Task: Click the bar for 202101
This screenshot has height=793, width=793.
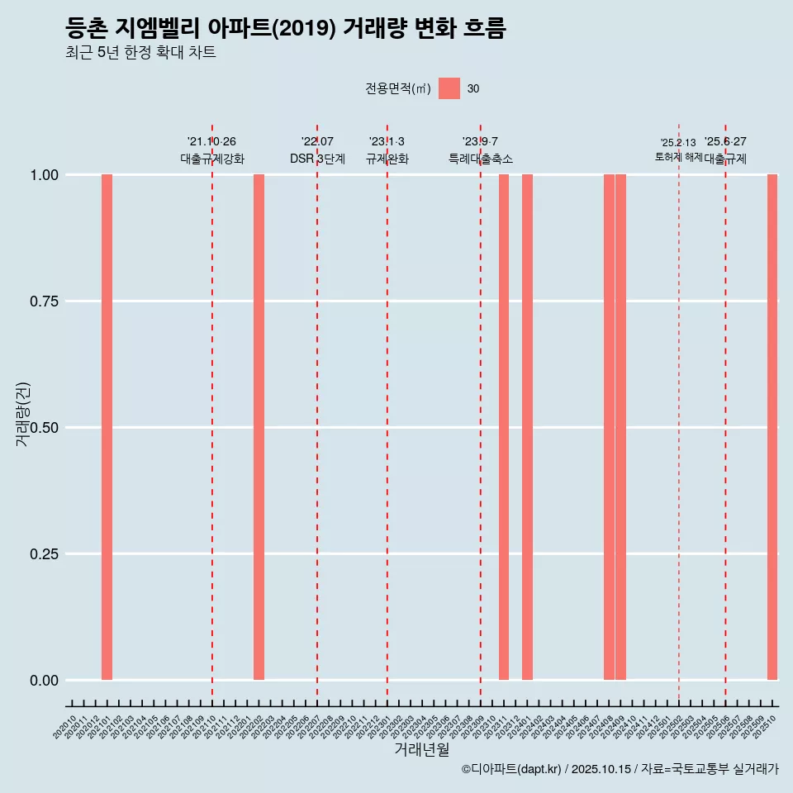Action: tap(107, 427)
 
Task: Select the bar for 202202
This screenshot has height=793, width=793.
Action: tap(259, 427)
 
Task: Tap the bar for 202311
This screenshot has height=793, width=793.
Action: tap(504, 427)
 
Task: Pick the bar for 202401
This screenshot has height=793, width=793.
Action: tap(527, 427)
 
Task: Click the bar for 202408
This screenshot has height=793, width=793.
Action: tap(609, 427)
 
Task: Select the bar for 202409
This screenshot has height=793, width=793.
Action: tap(620, 427)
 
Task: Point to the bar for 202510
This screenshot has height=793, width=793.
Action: tap(772, 427)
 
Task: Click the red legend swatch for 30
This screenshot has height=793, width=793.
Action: tap(449, 88)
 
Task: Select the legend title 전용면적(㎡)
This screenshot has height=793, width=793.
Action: tap(398, 89)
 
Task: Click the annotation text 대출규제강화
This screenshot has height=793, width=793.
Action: tap(212, 159)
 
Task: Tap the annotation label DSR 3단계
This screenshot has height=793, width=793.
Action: tap(317, 159)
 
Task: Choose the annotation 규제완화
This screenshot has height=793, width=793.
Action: tap(387, 159)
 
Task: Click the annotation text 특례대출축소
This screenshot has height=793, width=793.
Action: tap(481, 159)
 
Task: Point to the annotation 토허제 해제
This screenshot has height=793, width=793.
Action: tap(678, 156)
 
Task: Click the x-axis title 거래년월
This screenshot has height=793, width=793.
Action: tap(421, 750)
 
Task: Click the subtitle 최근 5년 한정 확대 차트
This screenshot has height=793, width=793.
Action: tap(140, 53)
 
